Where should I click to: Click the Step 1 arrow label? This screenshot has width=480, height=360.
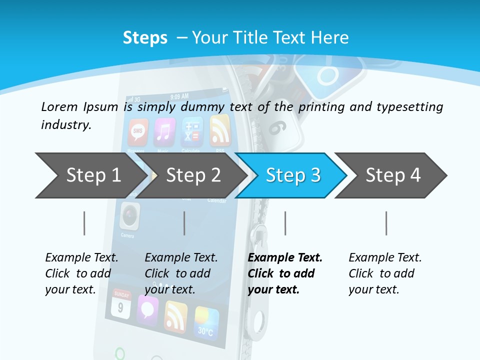point(93,175)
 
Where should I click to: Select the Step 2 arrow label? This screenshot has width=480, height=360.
point(193,175)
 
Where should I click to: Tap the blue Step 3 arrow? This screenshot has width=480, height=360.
point(293,175)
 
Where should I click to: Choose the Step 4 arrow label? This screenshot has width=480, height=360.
point(393,175)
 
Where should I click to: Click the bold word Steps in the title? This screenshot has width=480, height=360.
point(145,37)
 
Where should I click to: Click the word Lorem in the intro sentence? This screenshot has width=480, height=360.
point(58,106)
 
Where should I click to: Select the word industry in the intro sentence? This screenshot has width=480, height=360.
point(66,125)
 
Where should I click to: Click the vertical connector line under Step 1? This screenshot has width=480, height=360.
point(84,223)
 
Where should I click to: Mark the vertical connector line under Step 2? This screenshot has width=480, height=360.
point(184,223)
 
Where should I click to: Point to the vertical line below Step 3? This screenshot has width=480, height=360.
point(285,223)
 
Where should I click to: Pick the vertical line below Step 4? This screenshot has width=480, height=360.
point(386,223)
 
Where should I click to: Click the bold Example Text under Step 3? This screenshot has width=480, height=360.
point(285,257)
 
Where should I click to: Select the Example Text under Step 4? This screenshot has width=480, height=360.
point(385,257)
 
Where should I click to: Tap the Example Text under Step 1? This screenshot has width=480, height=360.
point(81,257)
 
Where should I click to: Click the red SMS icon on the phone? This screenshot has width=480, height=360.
point(138,132)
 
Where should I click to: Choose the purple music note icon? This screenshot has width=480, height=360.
point(164,132)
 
